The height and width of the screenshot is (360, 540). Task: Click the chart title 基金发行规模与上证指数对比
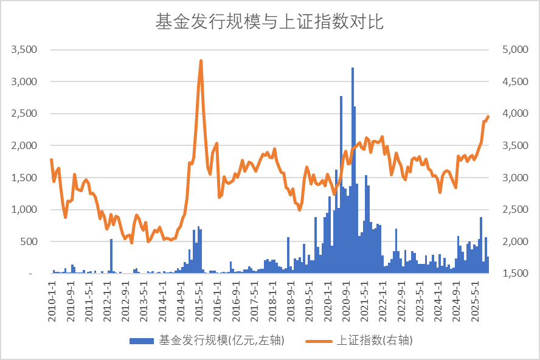coord(269,22)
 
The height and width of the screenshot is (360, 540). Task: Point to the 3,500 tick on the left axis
coord(24,49)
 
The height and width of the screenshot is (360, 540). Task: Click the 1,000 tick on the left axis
coord(24,210)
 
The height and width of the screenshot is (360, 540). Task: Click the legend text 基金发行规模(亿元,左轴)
coord(221,341)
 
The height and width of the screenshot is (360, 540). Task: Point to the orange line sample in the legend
coord(319,341)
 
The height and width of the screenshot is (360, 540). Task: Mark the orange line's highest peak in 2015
coord(201,61)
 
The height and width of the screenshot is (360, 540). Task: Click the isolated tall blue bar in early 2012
coord(111,256)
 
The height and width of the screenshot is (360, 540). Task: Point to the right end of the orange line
coord(488,117)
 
